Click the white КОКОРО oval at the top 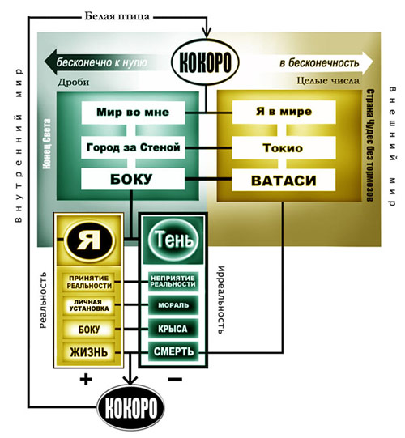pyautogui.click(x=205, y=62)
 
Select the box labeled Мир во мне pyautogui.click(x=133, y=113)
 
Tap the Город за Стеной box pyautogui.click(x=133, y=147)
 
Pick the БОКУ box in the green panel pyautogui.click(x=133, y=179)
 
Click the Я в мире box pyautogui.click(x=283, y=112)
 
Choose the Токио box pyautogui.click(x=283, y=148)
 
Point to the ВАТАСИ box pyautogui.click(x=283, y=181)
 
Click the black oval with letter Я pyautogui.click(x=89, y=240)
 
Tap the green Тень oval pyautogui.click(x=173, y=240)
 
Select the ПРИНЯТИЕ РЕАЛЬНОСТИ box pyautogui.click(x=89, y=282)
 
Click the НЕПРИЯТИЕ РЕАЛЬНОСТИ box pyautogui.click(x=173, y=281)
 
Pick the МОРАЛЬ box pyautogui.click(x=173, y=305)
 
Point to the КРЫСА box pyautogui.click(x=173, y=329)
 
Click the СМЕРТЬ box pyautogui.click(x=173, y=351)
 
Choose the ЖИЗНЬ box pyautogui.click(x=89, y=352)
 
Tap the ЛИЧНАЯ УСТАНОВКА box pyautogui.click(x=89, y=305)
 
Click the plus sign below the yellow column pyautogui.click(x=86, y=380)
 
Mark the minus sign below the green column pyautogui.click(x=175, y=379)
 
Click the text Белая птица pyautogui.click(x=117, y=16)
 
